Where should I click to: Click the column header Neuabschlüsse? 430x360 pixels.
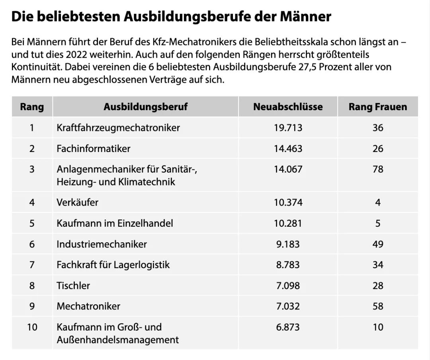coord(288,107)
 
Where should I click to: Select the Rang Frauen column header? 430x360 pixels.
coord(377,107)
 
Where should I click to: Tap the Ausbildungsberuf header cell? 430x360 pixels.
coord(145,107)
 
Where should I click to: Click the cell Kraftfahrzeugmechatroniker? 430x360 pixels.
coord(118,128)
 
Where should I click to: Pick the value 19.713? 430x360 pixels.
coord(288,128)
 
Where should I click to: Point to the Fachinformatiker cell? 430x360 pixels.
coord(94,149)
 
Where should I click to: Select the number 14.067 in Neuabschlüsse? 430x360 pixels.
coord(288,169)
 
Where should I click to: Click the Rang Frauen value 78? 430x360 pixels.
coord(378,169)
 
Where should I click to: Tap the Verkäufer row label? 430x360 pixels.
coord(77,202)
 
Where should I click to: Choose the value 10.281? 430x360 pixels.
coord(288,223)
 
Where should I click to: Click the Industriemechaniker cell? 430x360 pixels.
coord(102,244)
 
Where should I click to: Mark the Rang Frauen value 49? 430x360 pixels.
coord(378,244)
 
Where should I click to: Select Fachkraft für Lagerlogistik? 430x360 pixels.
coord(113,265)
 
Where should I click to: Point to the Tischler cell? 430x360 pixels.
coord(73,286)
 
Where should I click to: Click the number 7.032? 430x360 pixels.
coord(288,306)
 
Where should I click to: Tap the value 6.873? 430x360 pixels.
coord(288,327)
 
